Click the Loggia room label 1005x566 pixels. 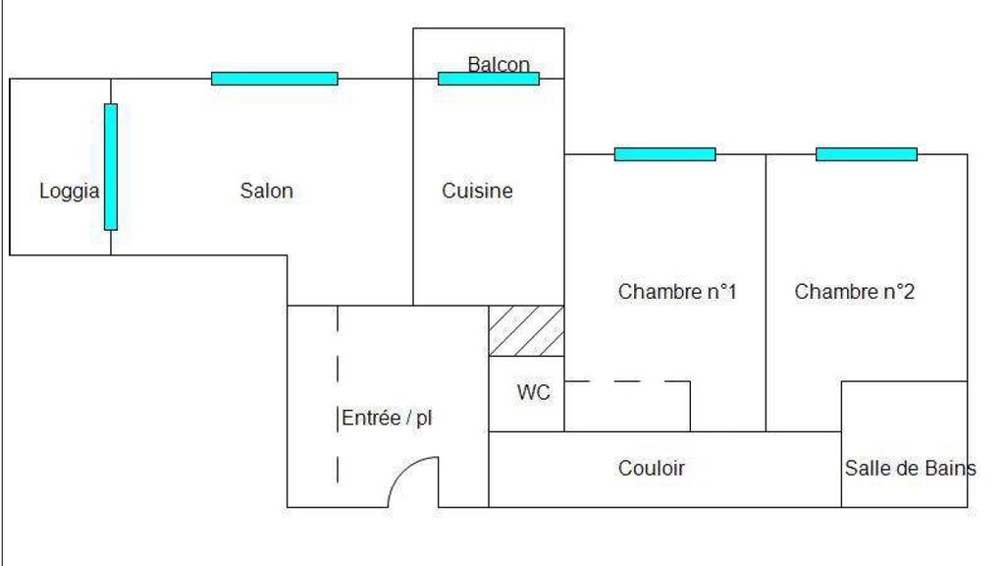point(69,192)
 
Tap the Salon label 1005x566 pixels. point(267,191)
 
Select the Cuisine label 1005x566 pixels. point(477,191)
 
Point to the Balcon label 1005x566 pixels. point(499,65)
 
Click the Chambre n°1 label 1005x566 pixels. point(677,292)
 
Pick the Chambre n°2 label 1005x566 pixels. point(855,292)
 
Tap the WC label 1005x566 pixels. point(534,393)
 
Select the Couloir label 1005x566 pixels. point(652,469)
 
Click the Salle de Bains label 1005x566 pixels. point(910,469)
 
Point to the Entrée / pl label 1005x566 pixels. point(387,418)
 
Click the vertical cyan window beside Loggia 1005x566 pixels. point(111,167)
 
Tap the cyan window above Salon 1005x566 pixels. point(275,79)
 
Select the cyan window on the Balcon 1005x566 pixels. point(489,79)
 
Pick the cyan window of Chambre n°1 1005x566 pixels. point(665,154)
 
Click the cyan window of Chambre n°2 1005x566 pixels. point(867,154)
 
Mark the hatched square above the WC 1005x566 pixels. point(527,331)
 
